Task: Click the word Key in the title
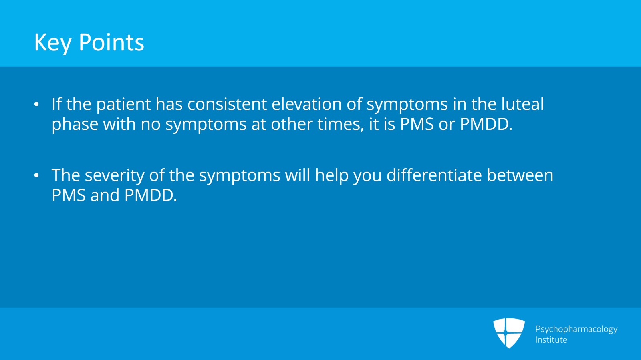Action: (52, 43)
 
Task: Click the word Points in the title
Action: (111, 42)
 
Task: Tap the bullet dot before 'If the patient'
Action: (36, 105)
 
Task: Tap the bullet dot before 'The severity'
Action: (36, 176)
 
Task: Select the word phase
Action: (75, 125)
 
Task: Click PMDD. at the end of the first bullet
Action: (486, 124)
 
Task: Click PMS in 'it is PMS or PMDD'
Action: (417, 124)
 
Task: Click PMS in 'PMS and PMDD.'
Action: (69, 195)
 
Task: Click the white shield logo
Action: (509, 333)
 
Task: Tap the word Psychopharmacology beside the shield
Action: (576, 329)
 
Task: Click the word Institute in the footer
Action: (551, 340)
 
